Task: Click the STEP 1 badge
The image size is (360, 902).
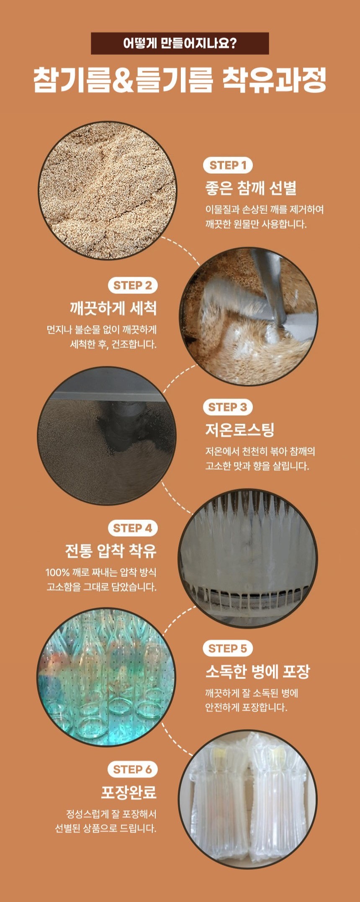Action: pos(228,165)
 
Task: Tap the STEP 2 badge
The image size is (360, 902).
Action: pos(133,285)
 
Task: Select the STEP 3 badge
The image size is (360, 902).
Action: pos(228,407)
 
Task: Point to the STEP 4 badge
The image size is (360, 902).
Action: pos(133,528)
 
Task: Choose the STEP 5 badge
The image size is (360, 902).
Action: pos(228,648)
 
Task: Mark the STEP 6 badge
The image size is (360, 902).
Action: pos(133,769)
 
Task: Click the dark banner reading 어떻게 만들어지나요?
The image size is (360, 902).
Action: pos(180,43)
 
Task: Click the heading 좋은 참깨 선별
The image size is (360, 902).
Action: pos(251,188)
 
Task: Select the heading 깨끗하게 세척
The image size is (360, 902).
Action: pos(113,308)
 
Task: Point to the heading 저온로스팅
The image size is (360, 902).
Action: pos(239,429)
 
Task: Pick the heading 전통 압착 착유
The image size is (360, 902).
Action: pos(111,550)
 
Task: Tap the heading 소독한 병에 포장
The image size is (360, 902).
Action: pos(257,671)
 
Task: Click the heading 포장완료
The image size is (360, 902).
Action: pos(129,792)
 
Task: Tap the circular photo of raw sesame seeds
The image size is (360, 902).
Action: pos(108,190)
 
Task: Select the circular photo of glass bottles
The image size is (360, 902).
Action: pos(106,677)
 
